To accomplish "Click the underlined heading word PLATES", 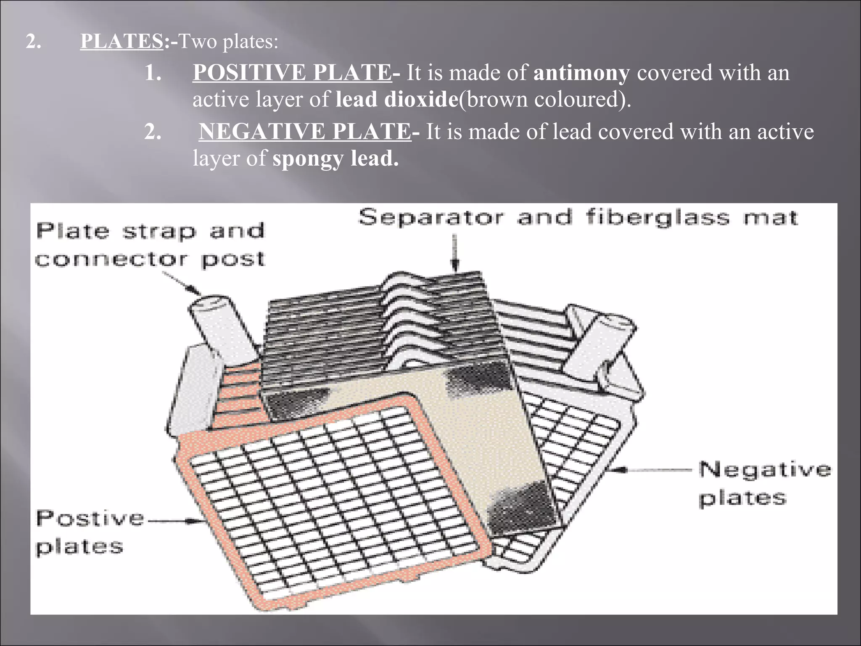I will (x=121, y=41).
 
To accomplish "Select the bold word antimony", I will (x=581, y=72).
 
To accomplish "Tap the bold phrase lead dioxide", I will (x=396, y=99).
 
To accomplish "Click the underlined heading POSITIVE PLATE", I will (x=292, y=72).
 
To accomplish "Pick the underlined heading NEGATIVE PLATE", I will (x=305, y=131).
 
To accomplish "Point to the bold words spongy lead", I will (x=335, y=159).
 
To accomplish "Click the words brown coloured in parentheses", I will (x=544, y=99).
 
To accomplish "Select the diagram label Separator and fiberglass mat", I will (x=578, y=218).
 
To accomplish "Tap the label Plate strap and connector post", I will (x=150, y=245).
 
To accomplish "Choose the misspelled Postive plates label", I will (x=90, y=532).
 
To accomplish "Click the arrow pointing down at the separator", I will (x=454, y=252).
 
